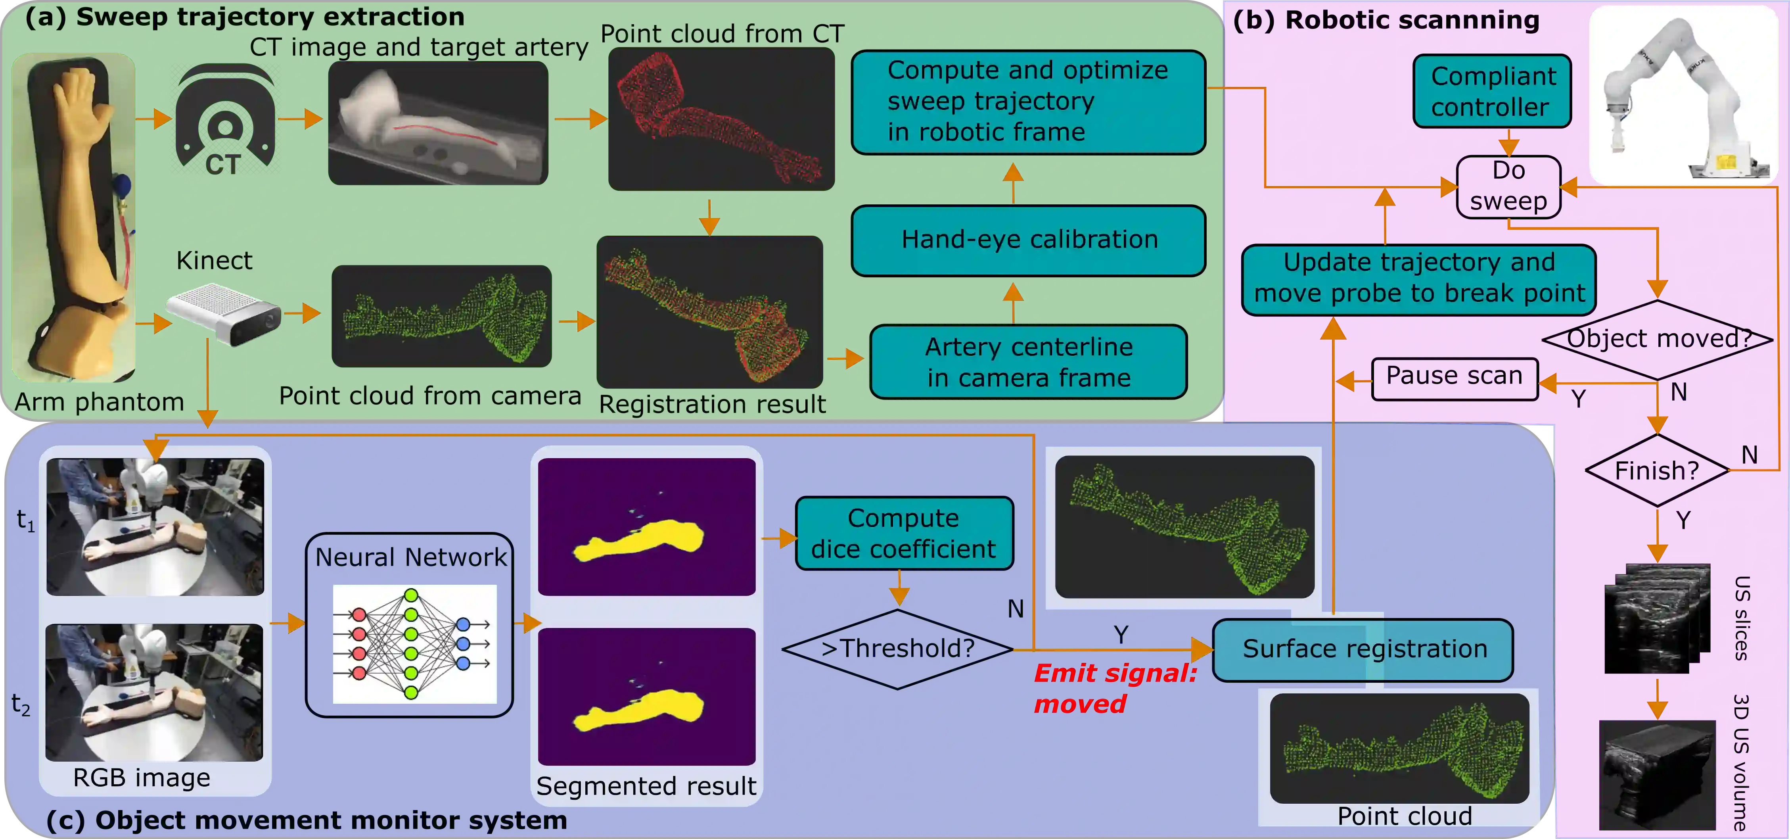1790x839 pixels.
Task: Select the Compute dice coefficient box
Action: (x=903, y=534)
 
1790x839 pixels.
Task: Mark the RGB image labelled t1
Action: (x=155, y=526)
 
